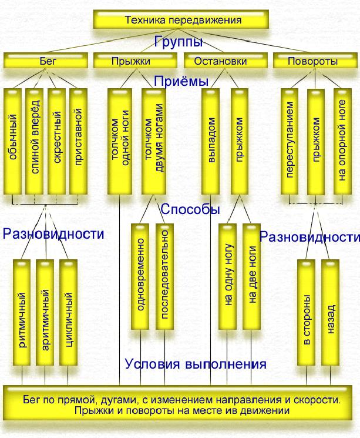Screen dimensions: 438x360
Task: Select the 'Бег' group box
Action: coord(46,61)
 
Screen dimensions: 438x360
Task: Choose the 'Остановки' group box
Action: coord(227,61)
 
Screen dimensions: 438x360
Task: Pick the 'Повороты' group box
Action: coord(314,61)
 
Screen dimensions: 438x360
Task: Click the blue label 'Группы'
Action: coord(179,42)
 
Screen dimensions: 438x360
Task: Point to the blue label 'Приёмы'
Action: coord(181,81)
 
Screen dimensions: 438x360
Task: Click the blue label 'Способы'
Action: coord(190,209)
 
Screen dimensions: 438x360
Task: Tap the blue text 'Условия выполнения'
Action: coord(196,364)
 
